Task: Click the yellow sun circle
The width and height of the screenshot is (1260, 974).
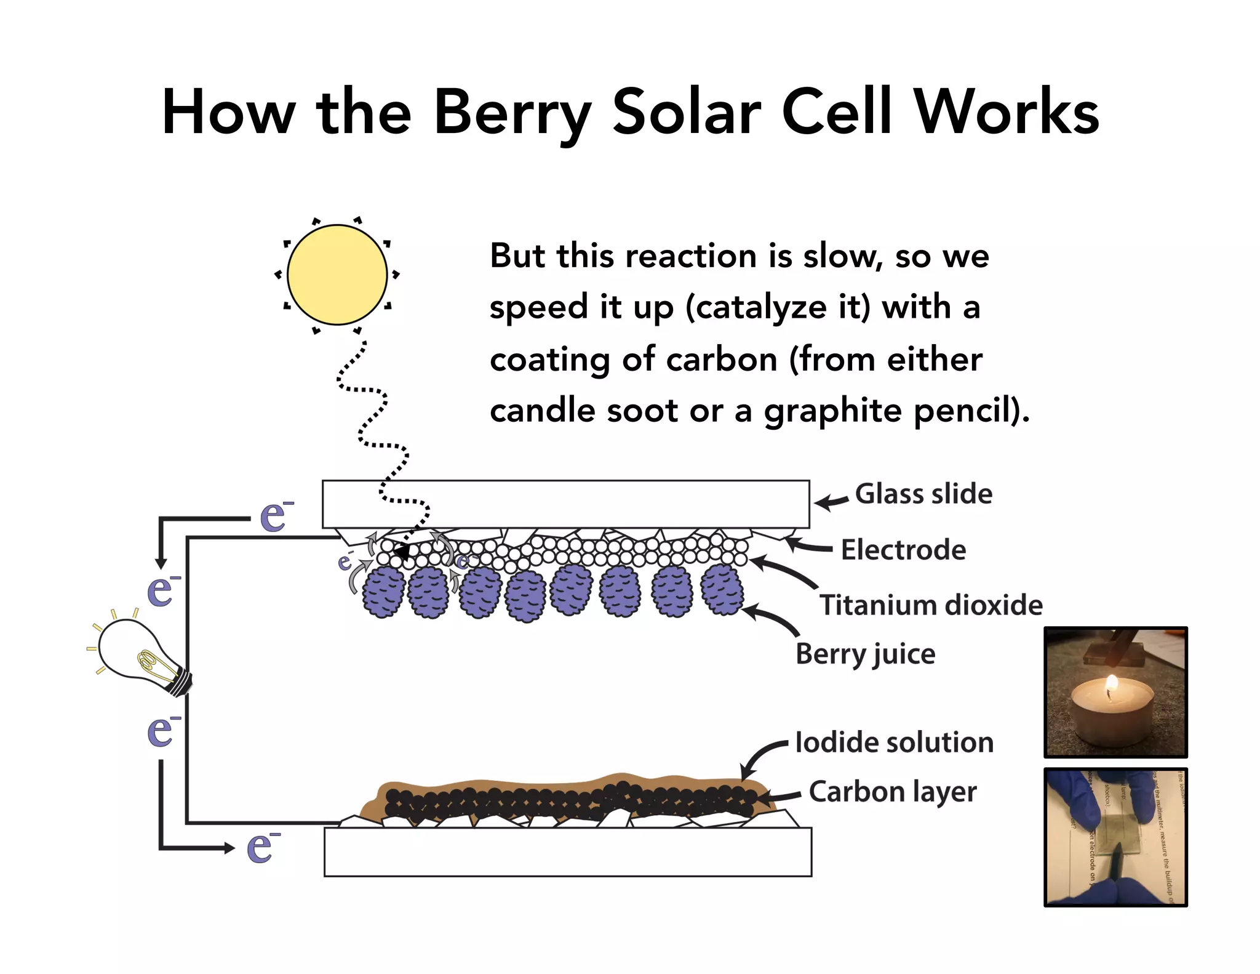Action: coord(337,275)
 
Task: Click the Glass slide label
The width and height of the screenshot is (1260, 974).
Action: coord(923,494)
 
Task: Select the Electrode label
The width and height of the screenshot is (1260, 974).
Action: coord(903,550)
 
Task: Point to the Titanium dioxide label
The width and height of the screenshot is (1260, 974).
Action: coord(930,605)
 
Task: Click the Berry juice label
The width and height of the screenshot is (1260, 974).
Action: coord(865,654)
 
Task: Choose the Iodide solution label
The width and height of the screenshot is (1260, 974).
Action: coord(894,743)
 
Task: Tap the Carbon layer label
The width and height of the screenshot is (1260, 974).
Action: coord(892,792)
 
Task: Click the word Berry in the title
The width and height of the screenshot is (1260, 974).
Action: coord(512,113)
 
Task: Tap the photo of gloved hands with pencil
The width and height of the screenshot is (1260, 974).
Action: coord(1115,837)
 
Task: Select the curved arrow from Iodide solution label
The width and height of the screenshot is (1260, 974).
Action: coord(760,757)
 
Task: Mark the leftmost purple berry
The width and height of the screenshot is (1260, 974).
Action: coord(383,592)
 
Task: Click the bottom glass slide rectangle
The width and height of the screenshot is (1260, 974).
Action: coord(567,852)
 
